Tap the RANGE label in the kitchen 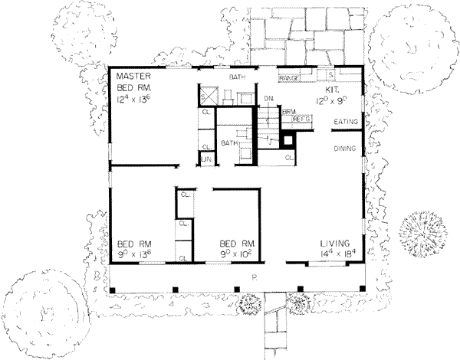(288, 77)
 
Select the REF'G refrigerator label (300, 119)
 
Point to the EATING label (343, 122)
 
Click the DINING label (343, 149)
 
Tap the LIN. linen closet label (206, 158)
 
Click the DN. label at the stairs (268, 100)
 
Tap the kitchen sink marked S (330, 76)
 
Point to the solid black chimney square (289, 141)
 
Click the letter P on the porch (253, 275)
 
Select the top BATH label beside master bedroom (238, 77)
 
